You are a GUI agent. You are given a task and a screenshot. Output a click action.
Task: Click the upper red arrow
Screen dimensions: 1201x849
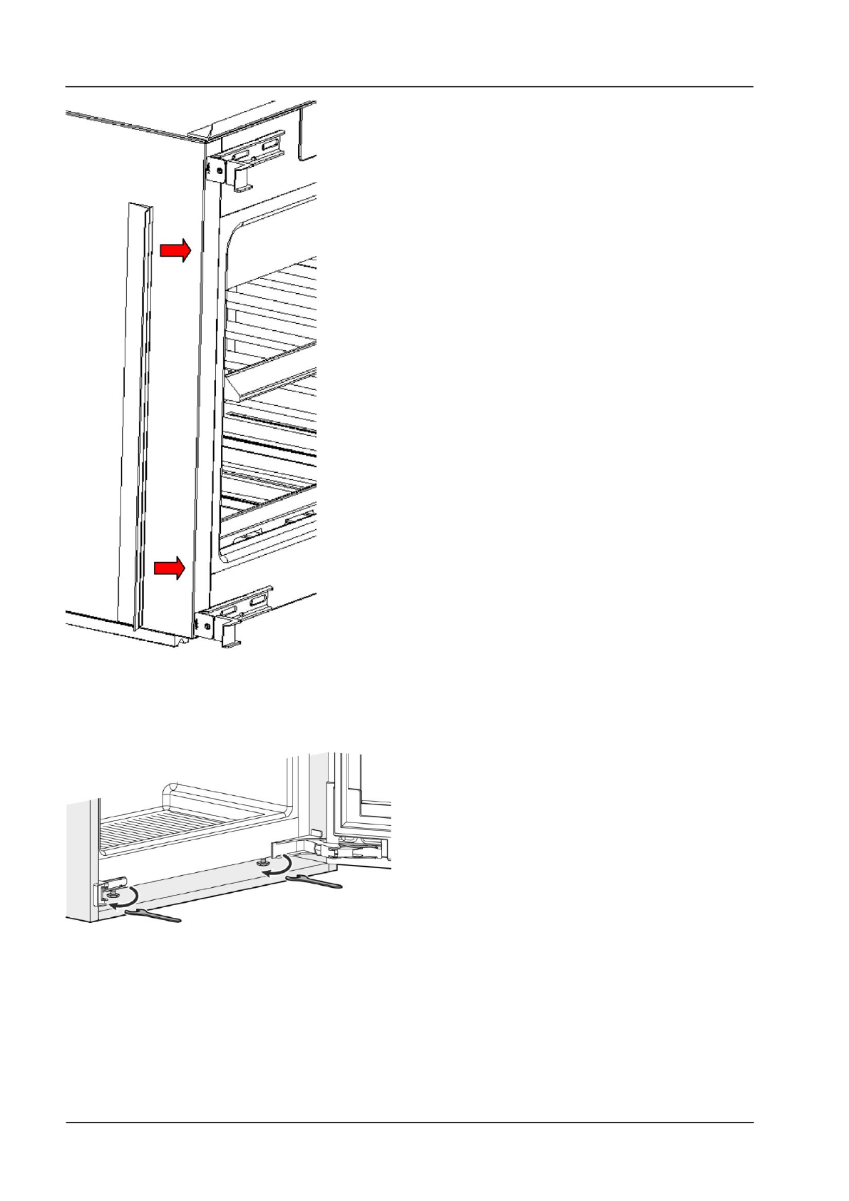(x=175, y=250)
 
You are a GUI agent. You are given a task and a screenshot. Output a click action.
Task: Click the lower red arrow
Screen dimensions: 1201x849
(x=170, y=568)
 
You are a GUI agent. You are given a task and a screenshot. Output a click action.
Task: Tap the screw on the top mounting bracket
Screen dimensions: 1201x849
(x=211, y=169)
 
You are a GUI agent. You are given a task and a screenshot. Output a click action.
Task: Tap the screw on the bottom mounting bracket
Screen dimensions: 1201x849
(x=206, y=627)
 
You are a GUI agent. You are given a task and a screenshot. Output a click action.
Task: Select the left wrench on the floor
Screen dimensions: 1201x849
(x=153, y=915)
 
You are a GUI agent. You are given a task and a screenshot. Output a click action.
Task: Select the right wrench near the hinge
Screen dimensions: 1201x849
(x=314, y=883)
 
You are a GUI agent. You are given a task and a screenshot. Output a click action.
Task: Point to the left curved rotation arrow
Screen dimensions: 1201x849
(x=127, y=898)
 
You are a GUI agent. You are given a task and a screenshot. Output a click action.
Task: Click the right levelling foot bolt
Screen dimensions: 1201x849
(x=265, y=862)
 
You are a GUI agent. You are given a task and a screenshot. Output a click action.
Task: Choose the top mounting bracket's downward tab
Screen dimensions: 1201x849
(x=243, y=178)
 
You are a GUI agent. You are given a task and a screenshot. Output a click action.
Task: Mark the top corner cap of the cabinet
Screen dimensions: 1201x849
(x=207, y=131)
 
